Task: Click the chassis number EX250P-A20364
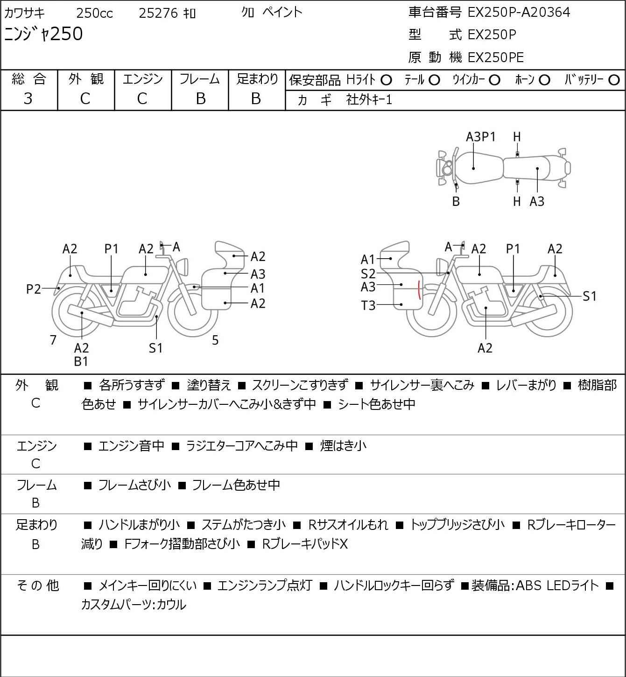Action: [x=519, y=13]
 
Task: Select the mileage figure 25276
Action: [x=158, y=13]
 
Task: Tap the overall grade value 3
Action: [x=28, y=99]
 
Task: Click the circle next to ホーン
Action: [x=544, y=80]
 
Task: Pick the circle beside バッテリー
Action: [x=614, y=80]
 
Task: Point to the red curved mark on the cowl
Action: [x=419, y=290]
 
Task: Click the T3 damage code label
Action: [x=368, y=305]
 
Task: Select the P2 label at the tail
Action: [x=34, y=289]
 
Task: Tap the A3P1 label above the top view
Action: [x=481, y=137]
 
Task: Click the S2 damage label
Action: [x=368, y=274]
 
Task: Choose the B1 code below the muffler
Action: [x=81, y=361]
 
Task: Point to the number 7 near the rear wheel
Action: [x=53, y=340]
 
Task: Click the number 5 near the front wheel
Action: [x=215, y=340]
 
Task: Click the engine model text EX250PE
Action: [x=496, y=57]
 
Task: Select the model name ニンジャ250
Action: [x=43, y=34]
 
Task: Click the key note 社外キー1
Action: [x=369, y=100]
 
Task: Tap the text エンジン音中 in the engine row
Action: [x=131, y=446]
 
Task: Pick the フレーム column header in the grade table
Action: [x=199, y=79]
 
